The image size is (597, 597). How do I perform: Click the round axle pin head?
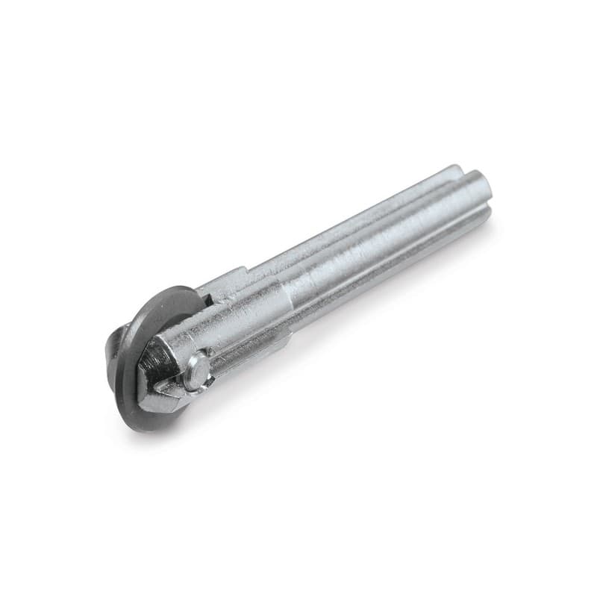coord(196,371)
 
